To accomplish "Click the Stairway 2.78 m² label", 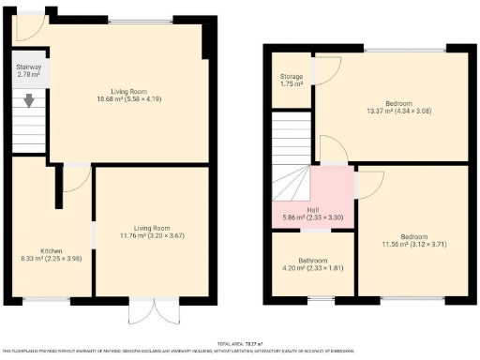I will pyautogui.click(x=28, y=72).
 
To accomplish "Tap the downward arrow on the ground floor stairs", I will pyautogui.click(x=29, y=100).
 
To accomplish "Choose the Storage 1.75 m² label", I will pyautogui.click(x=291, y=80).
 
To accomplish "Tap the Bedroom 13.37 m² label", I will pyautogui.click(x=393, y=109).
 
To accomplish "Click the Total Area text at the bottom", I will pyautogui.click(x=240, y=343).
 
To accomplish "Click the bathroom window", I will pyautogui.click(x=312, y=299).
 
